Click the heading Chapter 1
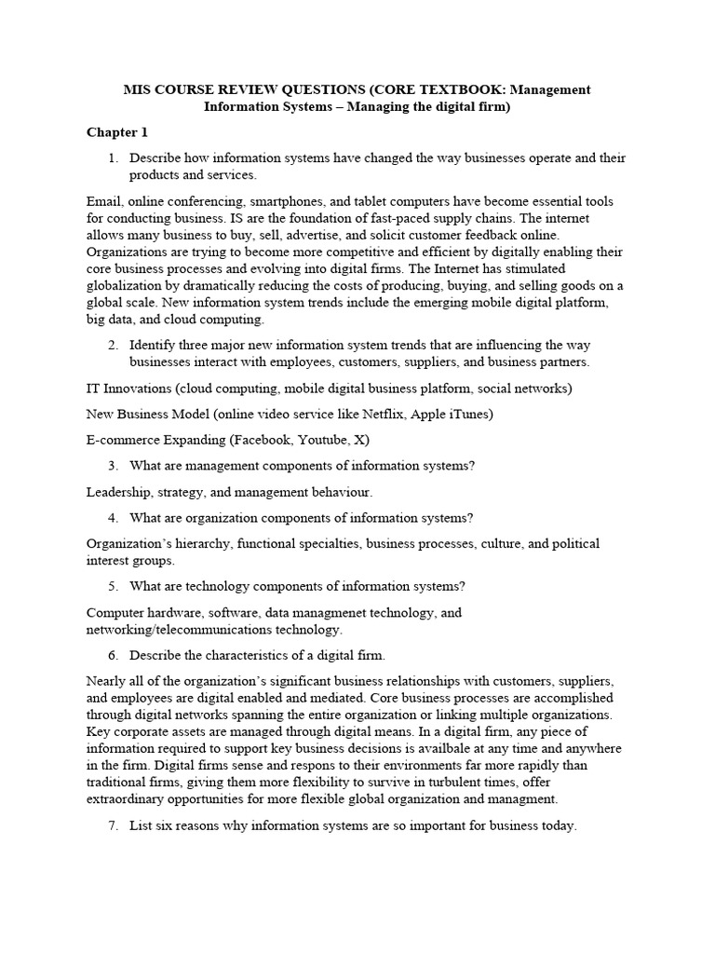pyautogui.click(x=117, y=132)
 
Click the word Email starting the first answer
pyautogui.click(x=104, y=202)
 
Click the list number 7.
pyautogui.click(x=114, y=825)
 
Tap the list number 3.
pyautogui.click(x=114, y=465)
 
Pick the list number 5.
pyautogui.click(x=114, y=586)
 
